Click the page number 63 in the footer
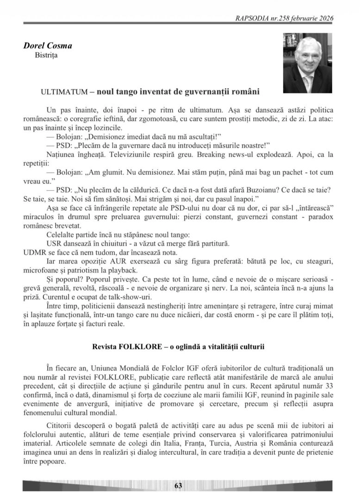coord(178,486)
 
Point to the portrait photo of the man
coord(307,63)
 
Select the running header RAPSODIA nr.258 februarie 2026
coord(284,19)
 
